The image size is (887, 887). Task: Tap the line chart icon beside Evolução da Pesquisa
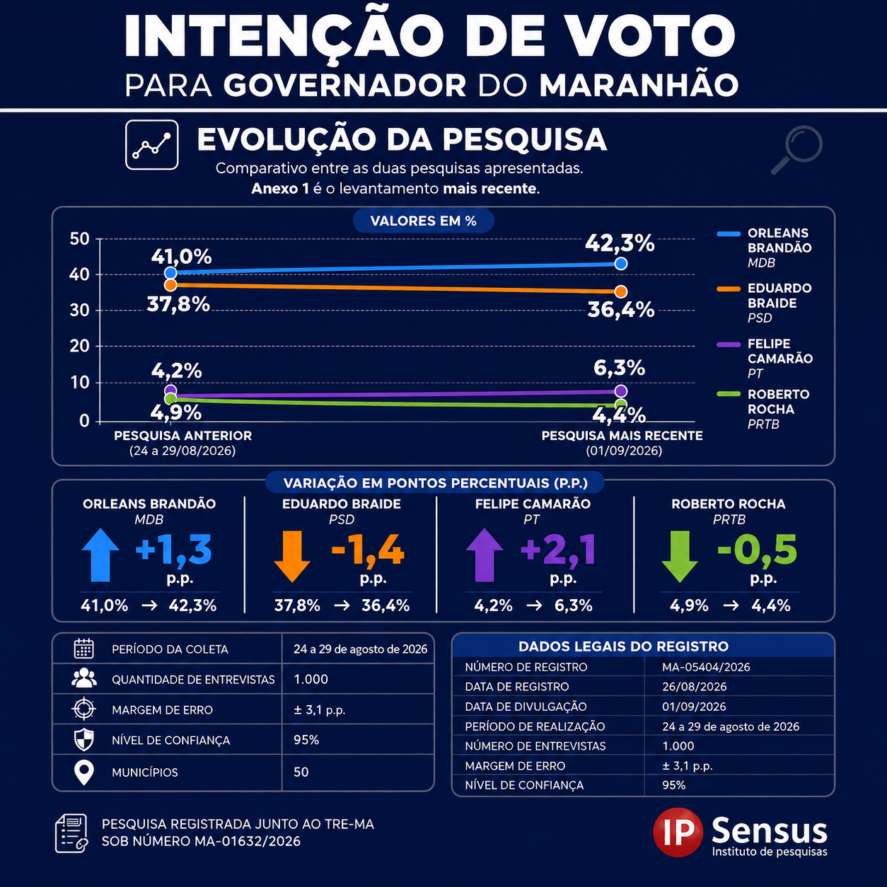151,144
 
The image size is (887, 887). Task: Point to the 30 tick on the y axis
79,311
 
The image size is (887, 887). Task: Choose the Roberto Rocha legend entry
764,410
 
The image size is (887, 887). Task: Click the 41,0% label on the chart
181,256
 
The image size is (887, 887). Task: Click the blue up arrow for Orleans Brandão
100,555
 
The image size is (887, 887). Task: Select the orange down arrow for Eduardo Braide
292,556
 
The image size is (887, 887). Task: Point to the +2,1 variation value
558,550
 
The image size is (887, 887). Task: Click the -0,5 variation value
757,550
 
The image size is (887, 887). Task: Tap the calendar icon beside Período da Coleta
83,649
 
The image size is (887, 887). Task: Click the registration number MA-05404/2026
706,667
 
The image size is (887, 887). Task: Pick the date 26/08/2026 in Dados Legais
694,687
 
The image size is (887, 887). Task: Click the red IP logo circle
678,833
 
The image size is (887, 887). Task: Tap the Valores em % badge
423,221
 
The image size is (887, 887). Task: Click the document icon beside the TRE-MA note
71,833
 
